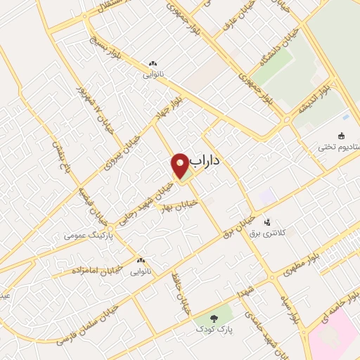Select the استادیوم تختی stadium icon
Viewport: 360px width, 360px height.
pyautogui.click(x=342, y=136)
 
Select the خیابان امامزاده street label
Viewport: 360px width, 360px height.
pyautogui.click(x=95, y=261)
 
